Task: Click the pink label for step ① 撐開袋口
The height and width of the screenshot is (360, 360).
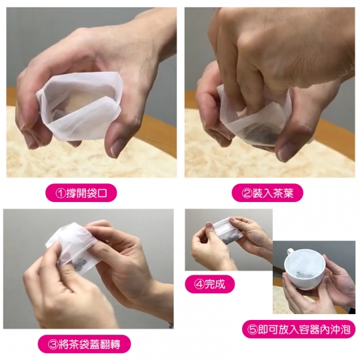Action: click(81, 193)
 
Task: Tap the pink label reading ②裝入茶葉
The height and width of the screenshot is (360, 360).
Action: click(267, 193)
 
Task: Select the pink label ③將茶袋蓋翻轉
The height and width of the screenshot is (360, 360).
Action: click(84, 345)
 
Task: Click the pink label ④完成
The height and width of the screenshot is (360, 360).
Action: click(210, 284)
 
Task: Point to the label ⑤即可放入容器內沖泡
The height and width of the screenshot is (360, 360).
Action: click(299, 329)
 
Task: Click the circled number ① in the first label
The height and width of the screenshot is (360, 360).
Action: click(61, 193)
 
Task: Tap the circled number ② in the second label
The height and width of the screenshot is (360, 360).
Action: click(247, 193)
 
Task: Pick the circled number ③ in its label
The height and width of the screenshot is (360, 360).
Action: click(53, 345)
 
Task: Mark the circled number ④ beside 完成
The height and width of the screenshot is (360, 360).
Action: click(199, 285)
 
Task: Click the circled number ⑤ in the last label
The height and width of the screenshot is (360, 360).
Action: click(252, 329)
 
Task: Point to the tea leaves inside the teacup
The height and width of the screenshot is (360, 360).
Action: click(304, 274)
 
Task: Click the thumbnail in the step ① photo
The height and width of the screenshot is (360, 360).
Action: click(117, 148)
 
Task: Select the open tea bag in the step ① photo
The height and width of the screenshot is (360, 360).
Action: click(79, 105)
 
